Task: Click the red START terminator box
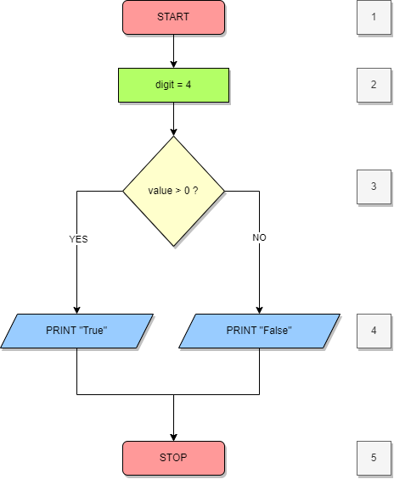[173, 17]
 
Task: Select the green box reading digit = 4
[173, 85]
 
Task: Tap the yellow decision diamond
[173, 191]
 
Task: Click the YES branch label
[78, 240]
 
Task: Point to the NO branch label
[259, 238]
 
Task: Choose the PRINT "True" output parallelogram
[76, 331]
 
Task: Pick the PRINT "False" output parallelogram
[259, 331]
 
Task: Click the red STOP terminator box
[173, 458]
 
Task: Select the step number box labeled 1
[374, 17]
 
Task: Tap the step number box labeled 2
[374, 85]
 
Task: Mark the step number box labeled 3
[374, 187]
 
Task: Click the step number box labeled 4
[374, 331]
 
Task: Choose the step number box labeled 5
[374, 458]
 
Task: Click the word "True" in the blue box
[93, 331]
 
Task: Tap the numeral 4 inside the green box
[189, 85]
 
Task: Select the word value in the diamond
[160, 191]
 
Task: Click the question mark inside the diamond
[195, 191]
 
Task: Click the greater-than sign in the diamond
[178, 191]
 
